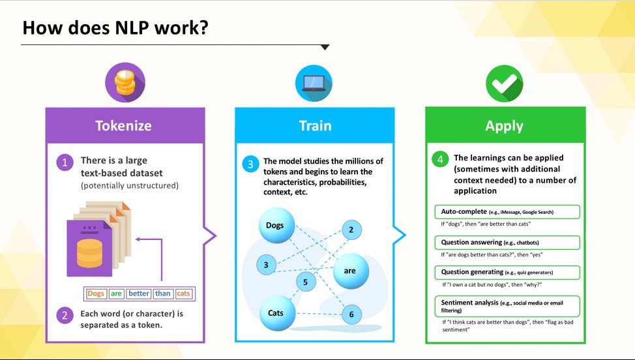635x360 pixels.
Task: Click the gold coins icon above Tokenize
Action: (x=125, y=83)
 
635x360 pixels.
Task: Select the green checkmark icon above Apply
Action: (x=505, y=83)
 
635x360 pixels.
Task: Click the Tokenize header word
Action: (x=125, y=125)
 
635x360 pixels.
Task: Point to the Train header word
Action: (x=315, y=125)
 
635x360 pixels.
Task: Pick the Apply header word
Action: (x=505, y=125)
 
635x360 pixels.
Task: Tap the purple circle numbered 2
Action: (x=64, y=316)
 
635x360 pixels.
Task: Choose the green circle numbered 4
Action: (x=441, y=158)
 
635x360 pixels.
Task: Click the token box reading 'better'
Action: (x=138, y=293)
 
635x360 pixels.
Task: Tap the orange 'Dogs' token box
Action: (x=96, y=293)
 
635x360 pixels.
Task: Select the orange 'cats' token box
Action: (x=183, y=293)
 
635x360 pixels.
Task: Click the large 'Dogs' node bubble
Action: (x=275, y=226)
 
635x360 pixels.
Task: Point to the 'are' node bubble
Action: (x=350, y=270)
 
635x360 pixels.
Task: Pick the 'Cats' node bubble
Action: (x=276, y=313)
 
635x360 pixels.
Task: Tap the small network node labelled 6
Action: (x=351, y=314)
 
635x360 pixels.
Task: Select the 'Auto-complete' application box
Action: (x=507, y=212)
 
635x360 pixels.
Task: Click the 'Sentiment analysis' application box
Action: (x=507, y=306)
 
